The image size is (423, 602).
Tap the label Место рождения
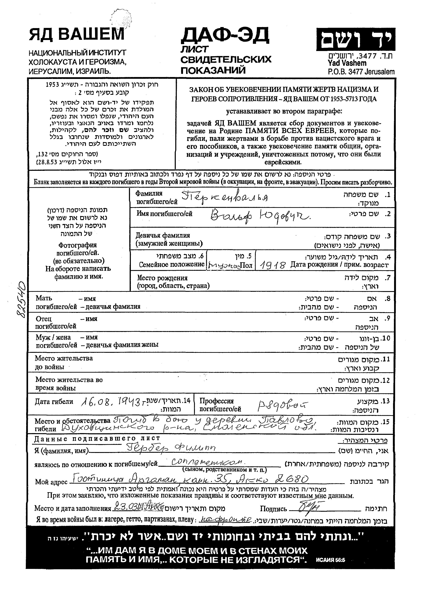pos(162,278)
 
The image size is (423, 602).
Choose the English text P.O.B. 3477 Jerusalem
pos(361,72)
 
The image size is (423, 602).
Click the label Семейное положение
pos(171,264)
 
